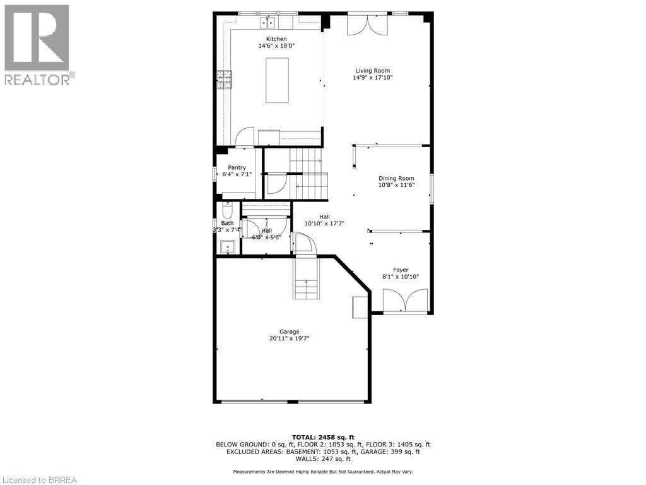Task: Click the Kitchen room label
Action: point(276,39)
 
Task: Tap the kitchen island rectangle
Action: point(277,80)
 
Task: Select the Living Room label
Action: point(372,71)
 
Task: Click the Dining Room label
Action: point(396,178)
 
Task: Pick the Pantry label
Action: point(237,167)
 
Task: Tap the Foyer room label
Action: point(401,270)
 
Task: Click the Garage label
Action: point(290,332)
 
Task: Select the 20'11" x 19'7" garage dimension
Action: point(290,338)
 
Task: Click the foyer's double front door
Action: point(406,301)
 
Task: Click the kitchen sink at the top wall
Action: point(269,23)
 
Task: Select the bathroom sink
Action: point(227,246)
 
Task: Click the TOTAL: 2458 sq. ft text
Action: point(323,437)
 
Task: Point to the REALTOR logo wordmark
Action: point(38,80)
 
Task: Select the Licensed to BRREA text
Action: point(39,480)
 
